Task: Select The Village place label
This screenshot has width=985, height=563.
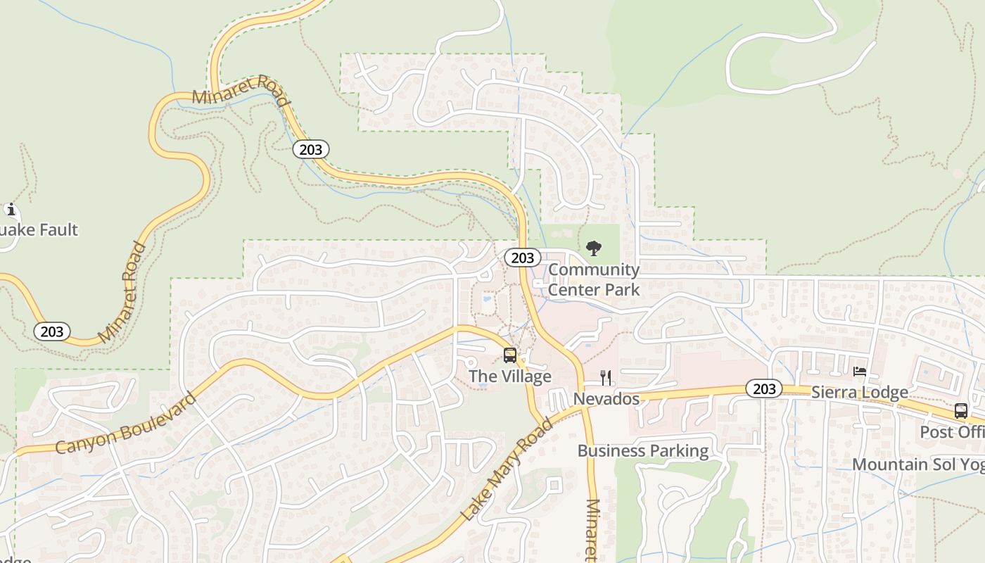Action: pyautogui.click(x=510, y=377)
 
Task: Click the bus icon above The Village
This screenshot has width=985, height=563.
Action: pyautogui.click(x=510, y=355)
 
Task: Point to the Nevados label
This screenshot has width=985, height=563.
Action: pyautogui.click(x=606, y=399)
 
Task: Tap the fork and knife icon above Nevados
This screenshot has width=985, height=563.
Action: pyautogui.click(x=606, y=378)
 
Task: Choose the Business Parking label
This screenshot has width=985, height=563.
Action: pyautogui.click(x=643, y=451)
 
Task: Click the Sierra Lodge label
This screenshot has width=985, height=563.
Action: pyautogui.click(x=860, y=392)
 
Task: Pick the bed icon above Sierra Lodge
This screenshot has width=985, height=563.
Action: pyautogui.click(x=860, y=372)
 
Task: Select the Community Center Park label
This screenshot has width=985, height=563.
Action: pyautogui.click(x=594, y=279)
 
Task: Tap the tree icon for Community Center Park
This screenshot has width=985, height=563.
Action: pyautogui.click(x=594, y=248)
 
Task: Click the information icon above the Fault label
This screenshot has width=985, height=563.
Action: pyautogui.click(x=11, y=209)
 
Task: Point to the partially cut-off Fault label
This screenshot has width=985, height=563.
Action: pyautogui.click(x=39, y=230)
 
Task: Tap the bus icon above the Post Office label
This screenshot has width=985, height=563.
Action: pyautogui.click(x=961, y=411)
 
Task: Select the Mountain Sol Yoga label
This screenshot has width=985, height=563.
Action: pyautogui.click(x=918, y=464)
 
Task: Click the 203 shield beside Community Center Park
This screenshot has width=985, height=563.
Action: pyautogui.click(x=522, y=258)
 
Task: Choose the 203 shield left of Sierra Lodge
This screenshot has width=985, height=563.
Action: pyautogui.click(x=764, y=388)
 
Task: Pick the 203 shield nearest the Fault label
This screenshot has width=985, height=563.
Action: pyautogui.click(x=52, y=331)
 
